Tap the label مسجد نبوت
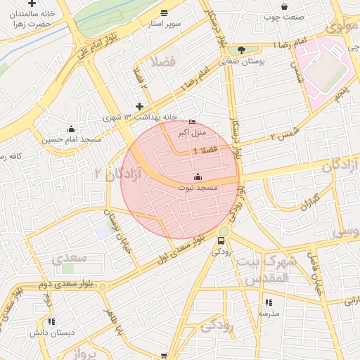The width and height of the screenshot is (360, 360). (x=200, y=188)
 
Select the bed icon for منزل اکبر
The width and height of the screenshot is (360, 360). (x=193, y=122)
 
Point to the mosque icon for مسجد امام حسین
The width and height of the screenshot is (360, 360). (x=71, y=129)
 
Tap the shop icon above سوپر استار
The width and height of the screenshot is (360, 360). (x=164, y=13)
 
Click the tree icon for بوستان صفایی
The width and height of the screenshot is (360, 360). (x=242, y=50)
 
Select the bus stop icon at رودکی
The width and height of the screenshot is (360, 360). (x=221, y=239)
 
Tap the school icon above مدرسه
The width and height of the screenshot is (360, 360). (x=269, y=302)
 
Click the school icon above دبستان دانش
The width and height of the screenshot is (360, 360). (x=52, y=321)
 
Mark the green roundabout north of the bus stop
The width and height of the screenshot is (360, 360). (x=224, y=229)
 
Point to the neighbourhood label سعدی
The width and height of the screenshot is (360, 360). (x=69, y=257)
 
